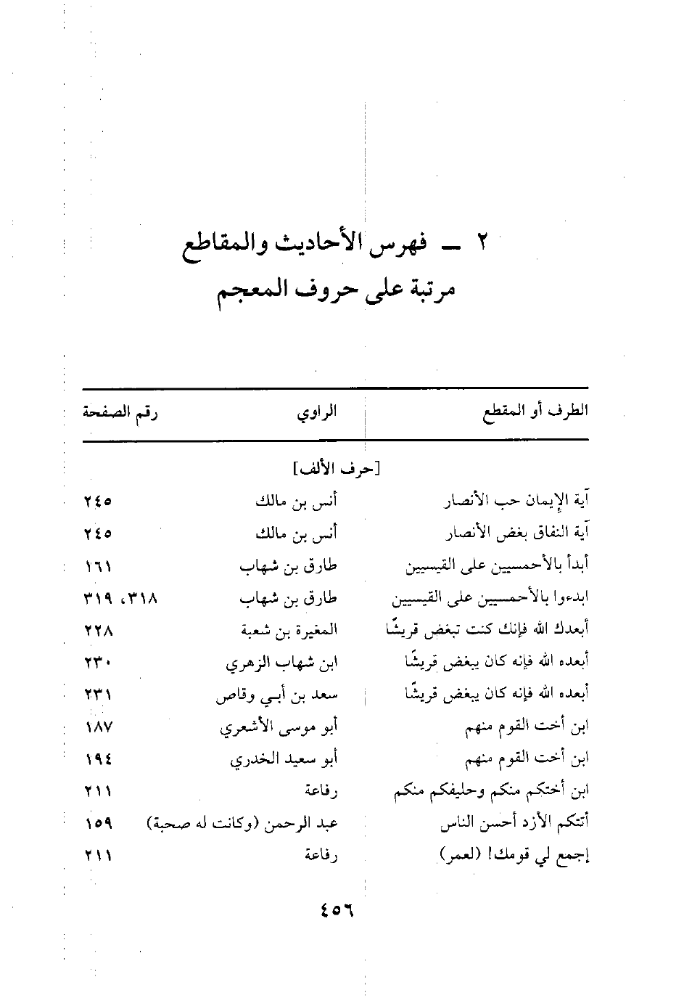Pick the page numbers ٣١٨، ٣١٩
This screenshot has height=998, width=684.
(120, 600)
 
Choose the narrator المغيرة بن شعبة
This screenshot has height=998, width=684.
(289, 631)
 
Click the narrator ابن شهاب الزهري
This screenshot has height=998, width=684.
(283, 663)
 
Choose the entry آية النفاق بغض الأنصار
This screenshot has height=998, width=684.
(516, 534)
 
